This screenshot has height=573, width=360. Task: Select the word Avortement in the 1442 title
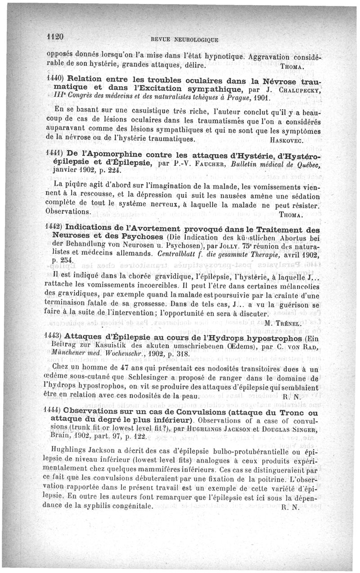(155, 230)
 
